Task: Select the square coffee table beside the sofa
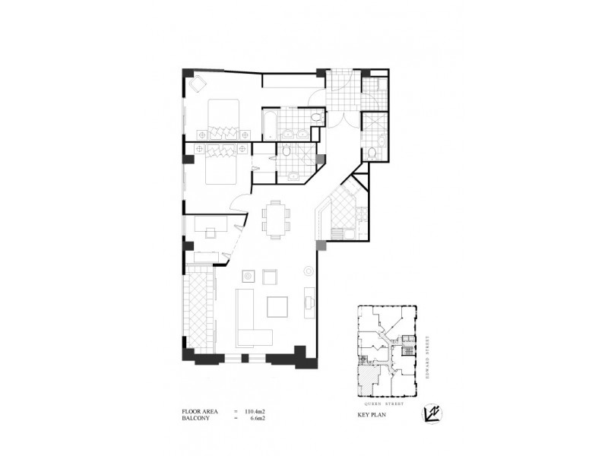pos(277,306)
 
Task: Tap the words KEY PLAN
pos(372,417)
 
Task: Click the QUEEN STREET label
pos(386,405)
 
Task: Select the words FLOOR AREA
pos(200,411)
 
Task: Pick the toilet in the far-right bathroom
pos(372,154)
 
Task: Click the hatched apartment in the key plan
pos(370,380)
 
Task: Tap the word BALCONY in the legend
pos(195,419)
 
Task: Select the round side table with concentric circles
pos(309,270)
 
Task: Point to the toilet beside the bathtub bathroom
pos(315,118)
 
